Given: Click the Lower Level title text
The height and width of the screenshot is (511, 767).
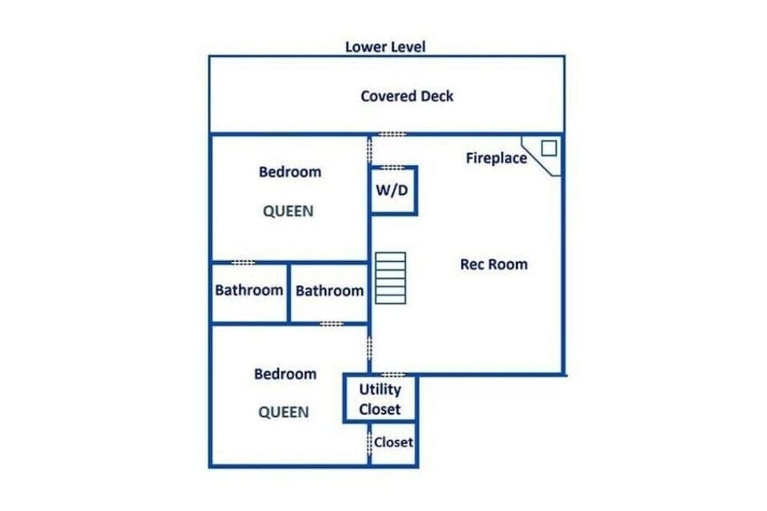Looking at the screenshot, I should pyautogui.click(x=385, y=46).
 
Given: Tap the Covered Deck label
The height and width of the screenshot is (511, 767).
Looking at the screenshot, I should pyautogui.click(x=407, y=96).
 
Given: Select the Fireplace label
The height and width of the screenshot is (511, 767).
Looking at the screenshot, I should pyautogui.click(x=496, y=158).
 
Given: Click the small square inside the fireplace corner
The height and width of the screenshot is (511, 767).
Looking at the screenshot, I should pyautogui.click(x=548, y=148).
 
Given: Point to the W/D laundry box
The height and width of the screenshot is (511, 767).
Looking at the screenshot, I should pyautogui.click(x=392, y=191).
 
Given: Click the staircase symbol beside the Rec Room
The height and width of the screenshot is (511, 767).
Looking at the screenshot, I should pyautogui.click(x=391, y=277).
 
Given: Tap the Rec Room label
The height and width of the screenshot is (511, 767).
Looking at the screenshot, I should pyautogui.click(x=494, y=264).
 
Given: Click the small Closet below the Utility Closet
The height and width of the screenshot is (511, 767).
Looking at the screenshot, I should pyautogui.click(x=393, y=442).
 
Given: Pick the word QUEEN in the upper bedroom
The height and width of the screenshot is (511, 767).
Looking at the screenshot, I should pyautogui.click(x=288, y=212).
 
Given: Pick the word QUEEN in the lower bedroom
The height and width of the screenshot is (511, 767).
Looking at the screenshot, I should pyautogui.click(x=283, y=412).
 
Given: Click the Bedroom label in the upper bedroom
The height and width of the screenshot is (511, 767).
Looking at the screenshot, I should pyautogui.click(x=290, y=172).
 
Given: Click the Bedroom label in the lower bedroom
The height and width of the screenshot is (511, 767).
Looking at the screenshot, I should pyautogui.click(x=285, y=374).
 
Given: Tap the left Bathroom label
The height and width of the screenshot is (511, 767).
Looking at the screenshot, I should pyautogui.click(x=249, y=290).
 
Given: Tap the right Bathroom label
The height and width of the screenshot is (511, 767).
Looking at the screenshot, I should pyautogui.click(x=329, y=291).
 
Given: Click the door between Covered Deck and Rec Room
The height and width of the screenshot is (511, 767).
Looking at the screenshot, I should pyautogui.click(x=391, y=134).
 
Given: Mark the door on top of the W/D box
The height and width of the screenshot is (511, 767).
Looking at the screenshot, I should pyautogui.click(x=392, y=168).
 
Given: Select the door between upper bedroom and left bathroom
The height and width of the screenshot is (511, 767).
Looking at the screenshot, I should pyautogui.click(x=243, y=262).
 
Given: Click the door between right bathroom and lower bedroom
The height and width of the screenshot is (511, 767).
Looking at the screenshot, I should pyautogui.click(x=331, y=323).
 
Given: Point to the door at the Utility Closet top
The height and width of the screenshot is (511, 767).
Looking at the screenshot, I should pyautogui.click(x=391, y=374).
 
